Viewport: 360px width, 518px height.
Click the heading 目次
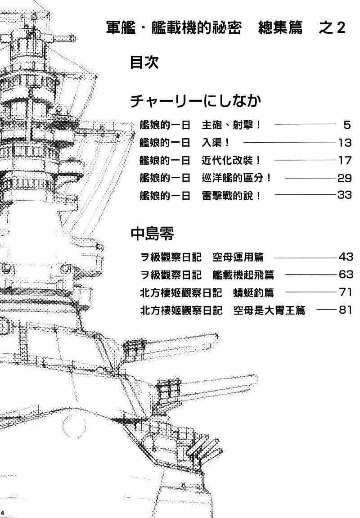(x=144, y=62)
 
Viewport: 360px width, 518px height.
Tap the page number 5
(x=346, y=125)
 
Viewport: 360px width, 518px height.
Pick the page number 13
(x=344, y=143)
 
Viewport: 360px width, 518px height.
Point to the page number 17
(x=344, y=160)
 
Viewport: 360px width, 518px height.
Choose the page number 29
(x=344, y=178)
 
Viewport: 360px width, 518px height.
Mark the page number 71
(x=345, y=292)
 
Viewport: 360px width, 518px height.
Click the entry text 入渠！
(x=216, y=143)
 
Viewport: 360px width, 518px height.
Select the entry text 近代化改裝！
(x=231, y=160)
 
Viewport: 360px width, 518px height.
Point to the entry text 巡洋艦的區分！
(x=237, y=178)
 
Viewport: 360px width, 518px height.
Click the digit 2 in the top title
(x=341, y=28)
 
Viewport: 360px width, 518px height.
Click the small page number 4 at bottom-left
(x=3, y=513)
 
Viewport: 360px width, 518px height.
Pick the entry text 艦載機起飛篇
(x=243, y=275)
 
